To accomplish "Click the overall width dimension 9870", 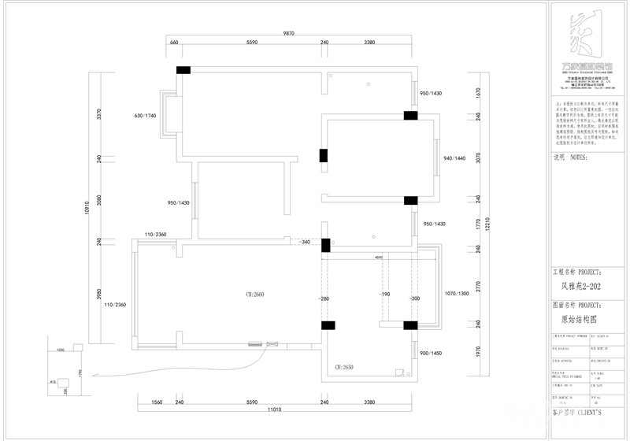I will (288, 34).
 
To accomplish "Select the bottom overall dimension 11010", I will (273, 410).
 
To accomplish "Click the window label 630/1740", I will (145, 116).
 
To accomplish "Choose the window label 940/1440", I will (455, 159).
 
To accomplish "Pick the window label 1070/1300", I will (457, 293).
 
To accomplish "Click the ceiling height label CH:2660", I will (254, 294).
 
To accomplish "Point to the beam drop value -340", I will (304, 243).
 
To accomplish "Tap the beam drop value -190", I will (384, 294).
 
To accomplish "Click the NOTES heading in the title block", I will (572, 157).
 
